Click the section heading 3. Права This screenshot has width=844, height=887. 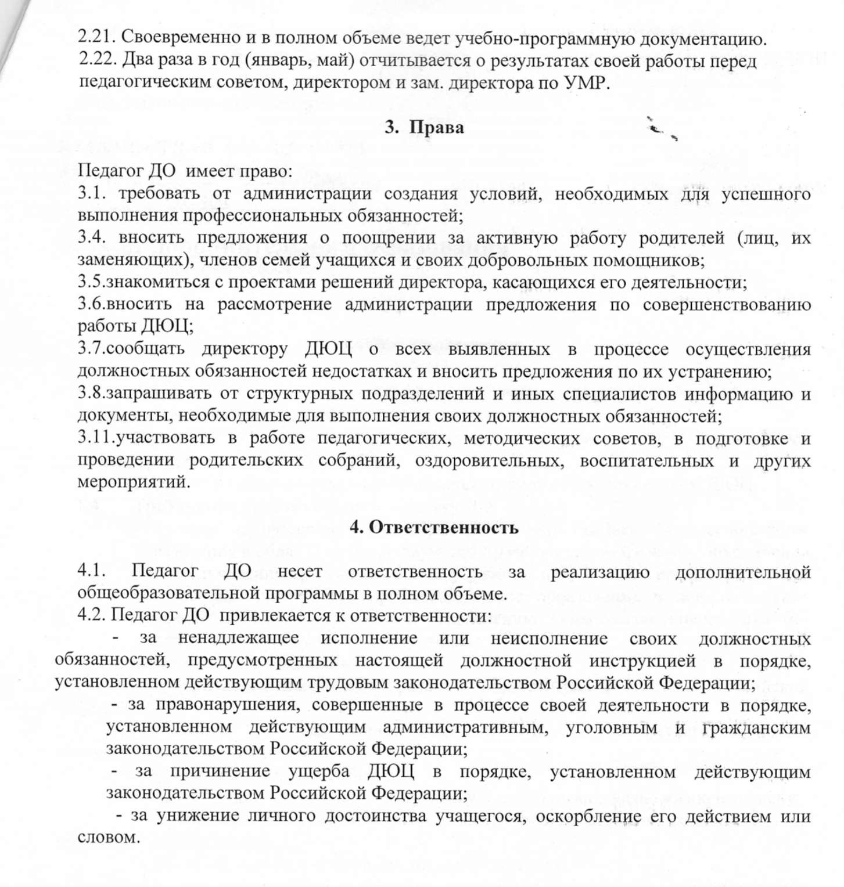click(425, 127)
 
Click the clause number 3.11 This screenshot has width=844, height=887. click(96, 438)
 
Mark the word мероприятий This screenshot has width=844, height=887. click(134, 482)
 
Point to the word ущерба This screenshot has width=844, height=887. click(319, 771)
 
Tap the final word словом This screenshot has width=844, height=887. click(109, 838)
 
